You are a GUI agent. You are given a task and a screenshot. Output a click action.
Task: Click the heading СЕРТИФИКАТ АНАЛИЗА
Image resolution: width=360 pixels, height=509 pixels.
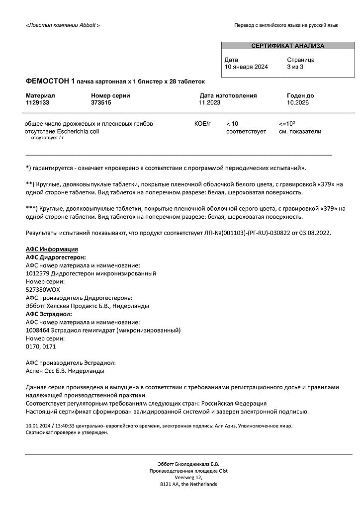[x=287, y=46]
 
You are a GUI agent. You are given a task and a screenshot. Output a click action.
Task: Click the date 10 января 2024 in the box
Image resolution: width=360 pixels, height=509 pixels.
[x=246, y=67]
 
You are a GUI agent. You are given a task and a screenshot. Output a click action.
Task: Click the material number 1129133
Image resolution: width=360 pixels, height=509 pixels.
[x=37, y=102]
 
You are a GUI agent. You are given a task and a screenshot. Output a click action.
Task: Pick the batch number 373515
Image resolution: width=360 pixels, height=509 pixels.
[x=101, y=102]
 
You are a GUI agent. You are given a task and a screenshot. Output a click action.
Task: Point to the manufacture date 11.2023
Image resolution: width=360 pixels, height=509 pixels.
[x=209, y=102]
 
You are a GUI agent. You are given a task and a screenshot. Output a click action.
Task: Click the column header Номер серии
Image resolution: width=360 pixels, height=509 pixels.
[x=110, y=95]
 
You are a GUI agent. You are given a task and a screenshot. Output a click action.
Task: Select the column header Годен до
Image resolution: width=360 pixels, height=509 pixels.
[x=300, y=95]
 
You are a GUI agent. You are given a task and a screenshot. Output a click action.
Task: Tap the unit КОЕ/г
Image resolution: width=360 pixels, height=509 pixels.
[x=202, y=123]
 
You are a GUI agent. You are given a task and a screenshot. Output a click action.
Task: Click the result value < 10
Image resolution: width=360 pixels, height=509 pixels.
[x=232, y=123]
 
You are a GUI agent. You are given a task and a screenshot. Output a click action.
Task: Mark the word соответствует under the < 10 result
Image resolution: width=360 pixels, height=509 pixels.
[x=246, y=131]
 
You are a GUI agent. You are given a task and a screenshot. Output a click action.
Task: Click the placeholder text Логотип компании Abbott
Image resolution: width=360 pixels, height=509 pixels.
[x=63, y=25]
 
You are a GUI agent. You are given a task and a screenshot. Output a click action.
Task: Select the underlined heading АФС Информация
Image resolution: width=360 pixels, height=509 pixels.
[x=51, y=250]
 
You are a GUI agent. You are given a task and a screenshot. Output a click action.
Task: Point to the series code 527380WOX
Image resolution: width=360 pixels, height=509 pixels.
[x=43, y=289]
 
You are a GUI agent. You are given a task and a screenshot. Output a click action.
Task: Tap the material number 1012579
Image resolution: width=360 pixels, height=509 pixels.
[x=38, y=273]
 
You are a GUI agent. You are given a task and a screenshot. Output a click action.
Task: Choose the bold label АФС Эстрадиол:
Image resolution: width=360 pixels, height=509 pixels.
[x=48, y=314]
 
